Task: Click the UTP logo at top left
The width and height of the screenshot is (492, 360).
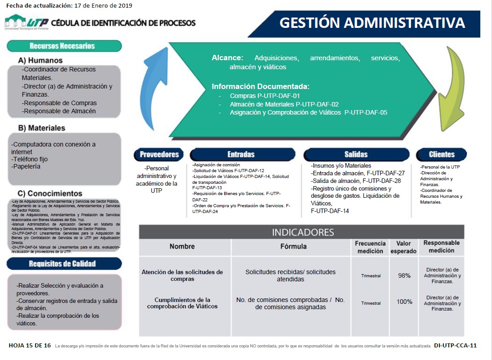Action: coord(27,22)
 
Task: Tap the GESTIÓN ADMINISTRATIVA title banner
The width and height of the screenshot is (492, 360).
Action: coord(372,23)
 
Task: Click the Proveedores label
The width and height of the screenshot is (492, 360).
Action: coord(159,155)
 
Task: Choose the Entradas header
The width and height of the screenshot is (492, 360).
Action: coord(241,155)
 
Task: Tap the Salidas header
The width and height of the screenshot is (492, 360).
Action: coord(356,155)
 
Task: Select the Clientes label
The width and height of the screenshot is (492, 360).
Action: coord(442,155)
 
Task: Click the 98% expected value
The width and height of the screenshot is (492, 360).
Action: coord(404,276)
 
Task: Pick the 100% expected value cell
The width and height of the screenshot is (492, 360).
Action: coord(404,302)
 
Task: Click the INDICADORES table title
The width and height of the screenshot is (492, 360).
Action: coord(303,232)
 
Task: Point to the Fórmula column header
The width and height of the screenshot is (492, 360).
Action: coord(293,246)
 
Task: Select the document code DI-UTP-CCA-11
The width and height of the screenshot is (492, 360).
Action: coord(455,346)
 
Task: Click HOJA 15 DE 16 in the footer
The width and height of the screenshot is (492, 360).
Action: coord(30,346)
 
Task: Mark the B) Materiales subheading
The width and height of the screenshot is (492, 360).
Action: coord(42,128)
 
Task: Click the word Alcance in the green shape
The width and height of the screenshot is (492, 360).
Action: coord(227,58)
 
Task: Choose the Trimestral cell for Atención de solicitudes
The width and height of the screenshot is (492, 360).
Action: coord(371,276)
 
